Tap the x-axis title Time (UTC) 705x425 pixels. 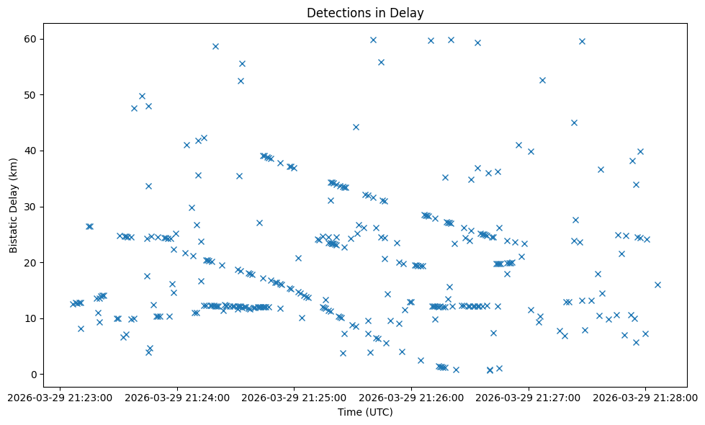(x=365, y=412)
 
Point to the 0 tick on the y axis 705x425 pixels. (x=33, y=375)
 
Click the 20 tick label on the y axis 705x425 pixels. (x=30, y=262)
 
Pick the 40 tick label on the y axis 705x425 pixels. (x=30, y=151)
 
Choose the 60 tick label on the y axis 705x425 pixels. (x=30, y=39)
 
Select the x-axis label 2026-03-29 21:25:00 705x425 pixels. (x=295, y=396)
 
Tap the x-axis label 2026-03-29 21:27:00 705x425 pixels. (x=529, y=396)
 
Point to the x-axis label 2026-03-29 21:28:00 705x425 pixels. (x=646, y=396)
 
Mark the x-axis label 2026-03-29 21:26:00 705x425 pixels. (x=412, y=396)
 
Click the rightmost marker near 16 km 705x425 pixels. (x=657, y=285)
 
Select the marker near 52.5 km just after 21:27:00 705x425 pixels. (x=542, y=80)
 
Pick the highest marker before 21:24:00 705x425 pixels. (x=142, y=96)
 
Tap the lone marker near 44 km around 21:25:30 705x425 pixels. (x=356, y=127)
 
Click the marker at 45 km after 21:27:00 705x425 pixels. (x=574, y=122)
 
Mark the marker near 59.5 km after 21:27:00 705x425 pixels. (x=582, y=41)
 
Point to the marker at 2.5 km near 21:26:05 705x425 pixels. (x=421, y=360)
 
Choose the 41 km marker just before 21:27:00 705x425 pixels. (x=518, y=145)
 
